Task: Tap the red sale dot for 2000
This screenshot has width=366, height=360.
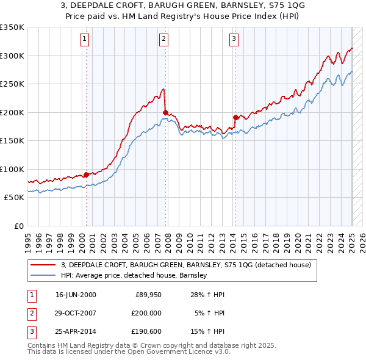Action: (86, 175)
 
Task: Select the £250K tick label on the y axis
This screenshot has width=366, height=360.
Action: (12, 84)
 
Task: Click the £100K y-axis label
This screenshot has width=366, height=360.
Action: (12, 169)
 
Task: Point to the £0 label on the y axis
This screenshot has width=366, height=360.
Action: (18, 226)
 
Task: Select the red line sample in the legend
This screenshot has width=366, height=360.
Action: (43, 265)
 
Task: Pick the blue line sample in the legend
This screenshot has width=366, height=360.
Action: (43, 276)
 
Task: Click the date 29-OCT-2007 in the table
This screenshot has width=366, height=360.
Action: (76, 313)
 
